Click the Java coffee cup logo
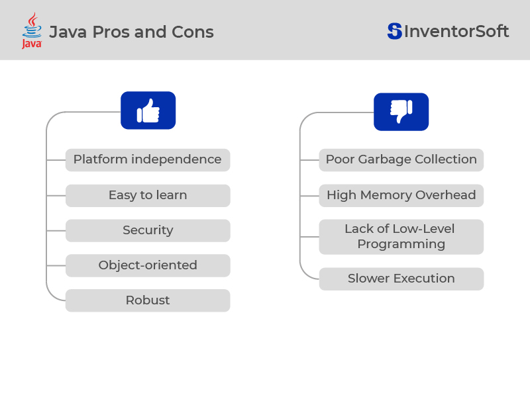(31, 25)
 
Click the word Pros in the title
(109, 32)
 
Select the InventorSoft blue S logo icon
(395, 31)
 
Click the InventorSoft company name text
(456, 31)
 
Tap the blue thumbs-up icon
(148, 110)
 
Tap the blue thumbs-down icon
(401, 112)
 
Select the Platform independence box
(147, 159)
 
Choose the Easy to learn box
(147, 195)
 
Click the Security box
(147, 230)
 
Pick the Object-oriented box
(147, 265)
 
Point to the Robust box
(147, 300)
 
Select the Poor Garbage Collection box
(401, 159)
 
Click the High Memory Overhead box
(401, 195)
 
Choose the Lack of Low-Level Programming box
(401, 237)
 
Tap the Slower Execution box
(401, 279)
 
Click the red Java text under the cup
(31, 44)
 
